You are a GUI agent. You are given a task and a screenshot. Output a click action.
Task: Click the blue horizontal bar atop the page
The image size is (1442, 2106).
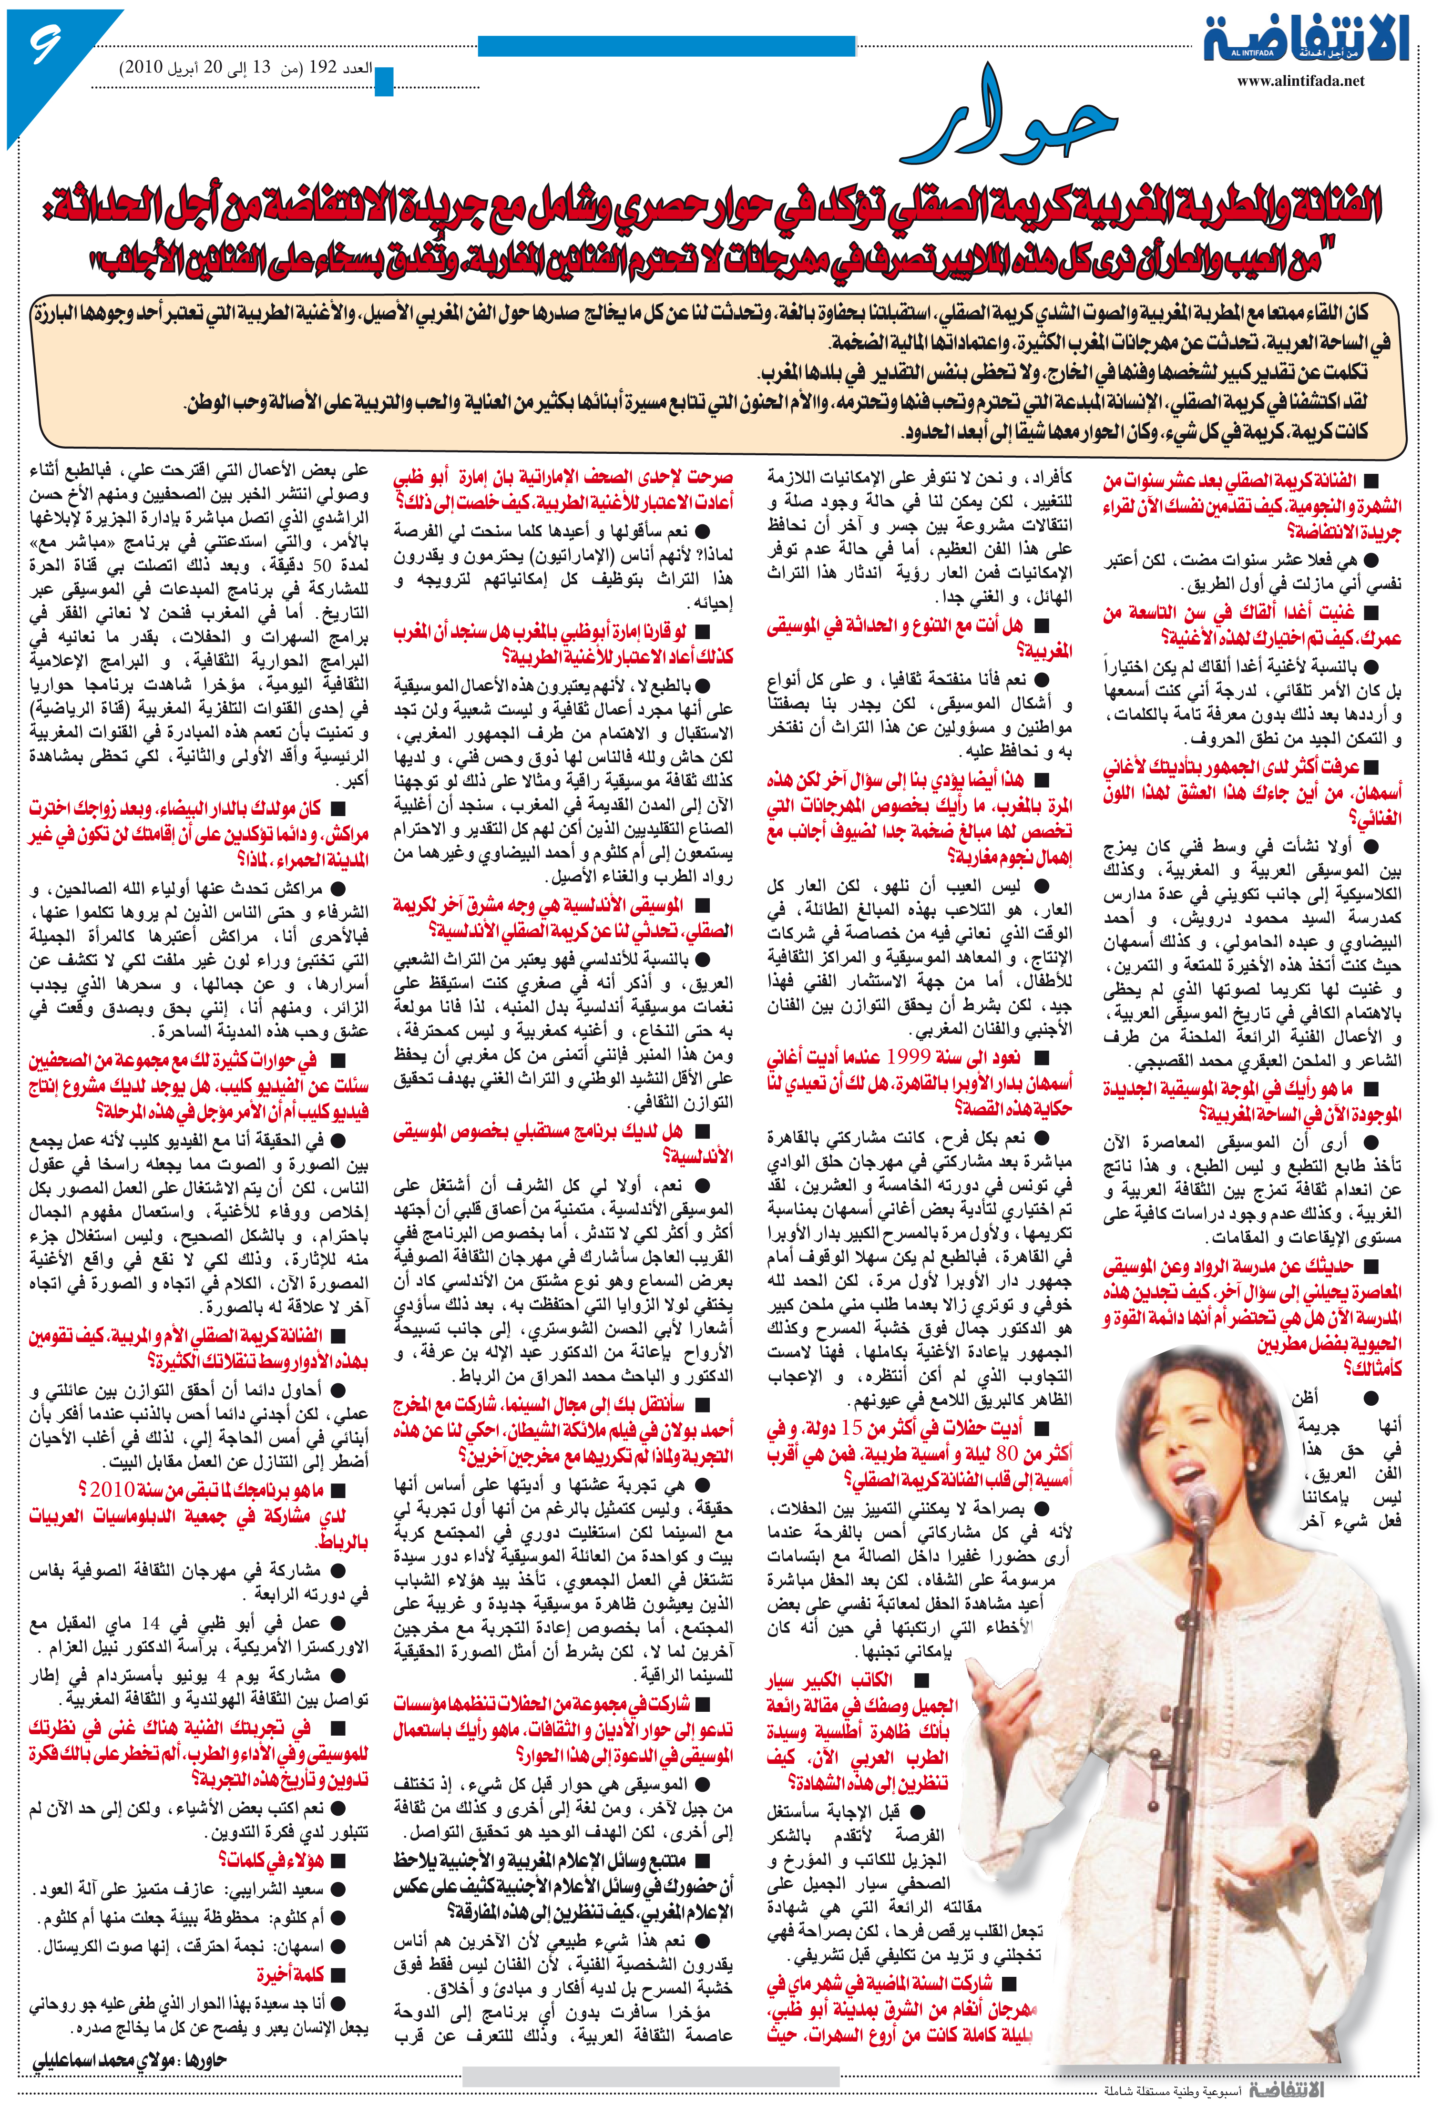coord(666,45)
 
